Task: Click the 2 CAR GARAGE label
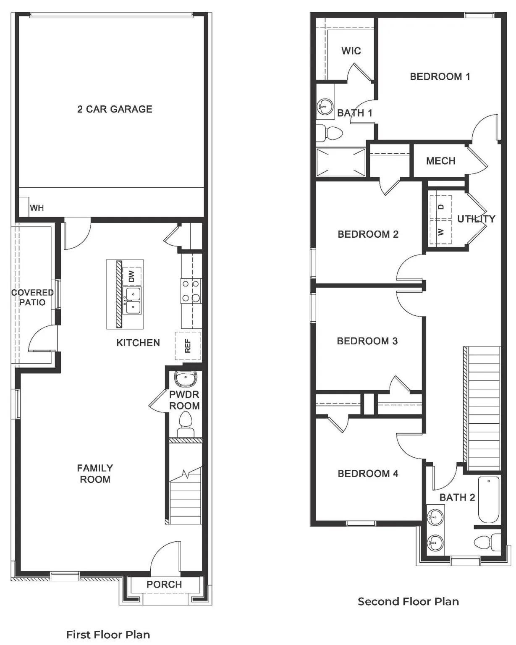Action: pyautogui.click(x=115, y=109)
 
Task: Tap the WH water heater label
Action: pyautogui.click(x=37, y=208)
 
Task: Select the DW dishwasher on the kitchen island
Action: pyautogui.click(x=131, y=276)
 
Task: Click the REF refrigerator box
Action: pyautogui.click(x=188, y=346)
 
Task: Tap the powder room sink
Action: pyautogui.click(x=185, y=379)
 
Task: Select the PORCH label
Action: pyautogui.click(x=164, y=585)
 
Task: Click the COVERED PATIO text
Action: pyautogui.click(x=32, y=297)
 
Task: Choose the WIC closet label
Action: pyautogui.click(x=351, y=51)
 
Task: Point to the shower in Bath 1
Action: pyautogui.click(x=341, y=163)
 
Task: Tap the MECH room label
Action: pyautogui.click(x=440, y=161)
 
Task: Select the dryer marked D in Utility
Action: pyautogui.click(x=440, y=207)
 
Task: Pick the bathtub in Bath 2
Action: pyautogui.click(x=489, y=499)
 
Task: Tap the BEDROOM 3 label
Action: pyautogui.click(x=367, y=341)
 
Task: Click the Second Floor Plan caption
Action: pyautogui.click(x=408, y=601)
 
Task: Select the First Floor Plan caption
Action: pyautogui.click(x=108, y=635)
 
